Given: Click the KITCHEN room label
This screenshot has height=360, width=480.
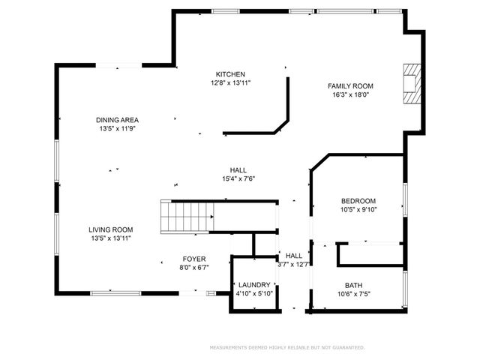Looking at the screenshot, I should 230,74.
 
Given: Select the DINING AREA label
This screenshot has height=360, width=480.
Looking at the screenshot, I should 117,120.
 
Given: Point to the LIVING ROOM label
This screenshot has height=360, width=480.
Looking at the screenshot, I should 110,229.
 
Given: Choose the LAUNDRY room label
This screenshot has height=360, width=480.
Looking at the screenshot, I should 253,285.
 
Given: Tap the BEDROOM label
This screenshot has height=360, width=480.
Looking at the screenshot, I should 358,201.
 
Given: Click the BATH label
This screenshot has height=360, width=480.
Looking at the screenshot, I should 353,285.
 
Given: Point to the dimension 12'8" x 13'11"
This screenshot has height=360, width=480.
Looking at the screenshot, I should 230,83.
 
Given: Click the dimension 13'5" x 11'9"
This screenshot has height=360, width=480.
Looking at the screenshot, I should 117,129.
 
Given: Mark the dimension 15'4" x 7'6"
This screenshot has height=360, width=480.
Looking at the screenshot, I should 238,179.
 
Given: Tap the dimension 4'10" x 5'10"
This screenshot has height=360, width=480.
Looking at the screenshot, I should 253,294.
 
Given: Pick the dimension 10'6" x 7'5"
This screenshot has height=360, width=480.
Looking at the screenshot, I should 353,294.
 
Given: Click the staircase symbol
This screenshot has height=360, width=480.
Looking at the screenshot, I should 187,217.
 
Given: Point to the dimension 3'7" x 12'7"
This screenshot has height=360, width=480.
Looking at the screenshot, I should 293,264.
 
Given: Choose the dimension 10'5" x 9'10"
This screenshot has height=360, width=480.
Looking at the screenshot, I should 358,210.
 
